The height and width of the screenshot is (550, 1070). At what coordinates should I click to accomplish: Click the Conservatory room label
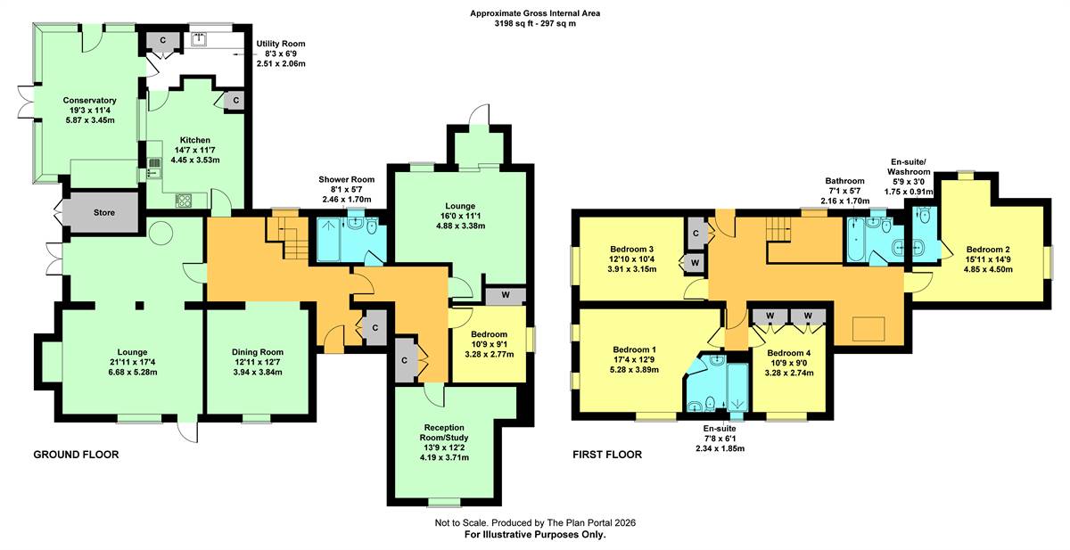pos(90,100)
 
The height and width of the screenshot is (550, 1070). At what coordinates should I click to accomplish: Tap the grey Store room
pos(103,212)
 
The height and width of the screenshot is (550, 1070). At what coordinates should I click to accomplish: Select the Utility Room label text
pos(280,44)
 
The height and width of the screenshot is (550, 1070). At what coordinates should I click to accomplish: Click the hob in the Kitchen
pos(184,200)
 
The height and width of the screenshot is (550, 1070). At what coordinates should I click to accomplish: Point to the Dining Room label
pos(258,352)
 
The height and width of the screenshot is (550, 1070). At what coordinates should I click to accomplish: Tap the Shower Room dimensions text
pos(346,194)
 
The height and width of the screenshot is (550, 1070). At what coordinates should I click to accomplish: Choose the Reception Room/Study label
pos(444,432)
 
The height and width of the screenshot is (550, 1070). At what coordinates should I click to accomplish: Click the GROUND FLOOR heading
pos(76,455)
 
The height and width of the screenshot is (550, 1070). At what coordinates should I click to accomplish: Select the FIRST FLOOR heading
pos(607,455)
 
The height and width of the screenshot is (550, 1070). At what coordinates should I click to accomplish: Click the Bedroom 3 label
pos(631,250)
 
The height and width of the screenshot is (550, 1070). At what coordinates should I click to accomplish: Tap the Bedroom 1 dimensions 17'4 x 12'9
pos(631,359)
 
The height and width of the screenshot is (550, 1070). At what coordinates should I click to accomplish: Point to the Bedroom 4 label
pos(788,353)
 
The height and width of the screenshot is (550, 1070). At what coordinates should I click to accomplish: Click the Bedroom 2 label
pos(988,250)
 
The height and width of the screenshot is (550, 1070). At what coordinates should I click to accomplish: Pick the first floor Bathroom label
pos(844,181)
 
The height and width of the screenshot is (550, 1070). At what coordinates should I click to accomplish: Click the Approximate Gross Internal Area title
pos(535,13)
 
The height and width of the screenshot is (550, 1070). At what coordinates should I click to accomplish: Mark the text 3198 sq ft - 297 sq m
pos(535,23)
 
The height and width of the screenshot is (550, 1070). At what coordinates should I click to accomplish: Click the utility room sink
pos(199,39)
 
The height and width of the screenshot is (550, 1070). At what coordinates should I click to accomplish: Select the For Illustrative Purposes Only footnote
pos(535,535)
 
